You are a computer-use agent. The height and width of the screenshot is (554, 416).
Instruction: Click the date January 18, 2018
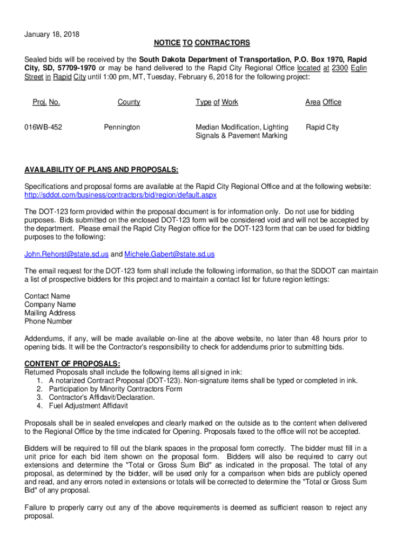click(52, 35)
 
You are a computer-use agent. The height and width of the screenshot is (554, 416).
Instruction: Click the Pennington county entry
click(122, 127)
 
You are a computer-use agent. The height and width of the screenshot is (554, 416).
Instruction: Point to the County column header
click(129, 102)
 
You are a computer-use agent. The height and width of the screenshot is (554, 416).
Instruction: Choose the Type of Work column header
click(217, 102)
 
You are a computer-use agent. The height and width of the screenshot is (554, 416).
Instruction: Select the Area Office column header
click(323, 102)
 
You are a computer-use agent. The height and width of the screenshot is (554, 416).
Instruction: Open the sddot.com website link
click(120, 195)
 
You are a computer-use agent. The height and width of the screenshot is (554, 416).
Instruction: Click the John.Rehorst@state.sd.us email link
click(66, 254)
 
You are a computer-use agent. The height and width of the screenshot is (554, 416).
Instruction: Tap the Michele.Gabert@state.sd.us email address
click(170, 254)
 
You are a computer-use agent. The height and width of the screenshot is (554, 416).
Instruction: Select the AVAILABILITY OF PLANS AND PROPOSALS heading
click(101, 170)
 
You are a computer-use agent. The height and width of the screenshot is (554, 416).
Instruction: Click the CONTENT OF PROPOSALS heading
click(72, 364)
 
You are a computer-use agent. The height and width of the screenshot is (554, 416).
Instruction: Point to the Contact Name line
click(47, 296)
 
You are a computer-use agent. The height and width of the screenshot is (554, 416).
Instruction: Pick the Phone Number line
click(48, 321)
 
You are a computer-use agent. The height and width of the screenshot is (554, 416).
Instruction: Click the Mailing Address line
click(50, 313)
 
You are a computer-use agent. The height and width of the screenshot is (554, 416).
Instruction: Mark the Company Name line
click(50, 305)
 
